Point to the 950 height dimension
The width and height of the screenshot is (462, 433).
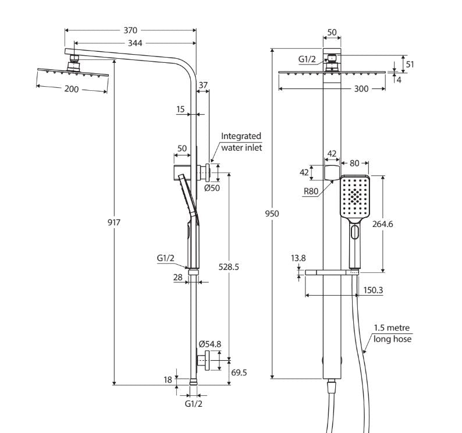(x=272, y=214)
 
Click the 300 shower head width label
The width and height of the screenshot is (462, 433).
(x=361, y=89)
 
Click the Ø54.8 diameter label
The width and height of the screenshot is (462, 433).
(x=209, y=344)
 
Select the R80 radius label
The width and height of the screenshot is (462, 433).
(x=311, y=190)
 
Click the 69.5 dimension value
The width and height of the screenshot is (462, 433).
(x=239, y=372)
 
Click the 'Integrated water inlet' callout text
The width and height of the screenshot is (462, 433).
(x=241, y=141)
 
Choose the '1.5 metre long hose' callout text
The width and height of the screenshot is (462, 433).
(x=392, y=333)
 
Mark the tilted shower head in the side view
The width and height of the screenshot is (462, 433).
(x=73, y=72)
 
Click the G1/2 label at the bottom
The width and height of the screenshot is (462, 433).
(x=194, y=403)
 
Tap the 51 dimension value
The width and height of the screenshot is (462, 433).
(x=410, y=64)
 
